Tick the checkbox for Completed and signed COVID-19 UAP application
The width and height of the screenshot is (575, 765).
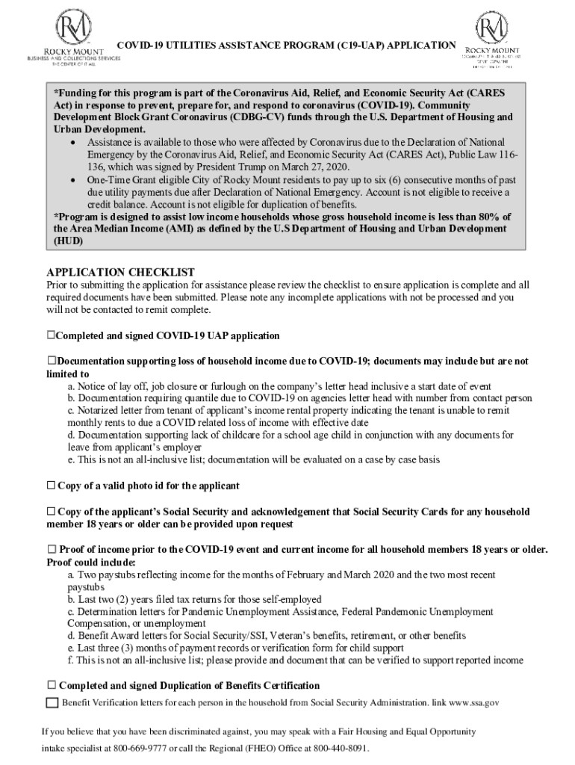pos(51,335)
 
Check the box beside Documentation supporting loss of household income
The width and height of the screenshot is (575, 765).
pos(51,361)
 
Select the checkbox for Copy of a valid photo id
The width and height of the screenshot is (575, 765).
pos(51,486)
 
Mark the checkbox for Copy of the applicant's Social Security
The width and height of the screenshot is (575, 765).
pos(51,512)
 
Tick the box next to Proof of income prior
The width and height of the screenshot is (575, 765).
pos(51,550)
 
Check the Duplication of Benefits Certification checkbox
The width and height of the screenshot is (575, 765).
pos(51,685)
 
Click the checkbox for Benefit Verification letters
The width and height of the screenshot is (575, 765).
pos(52,702)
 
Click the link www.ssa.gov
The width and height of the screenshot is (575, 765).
pos(473,703)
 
